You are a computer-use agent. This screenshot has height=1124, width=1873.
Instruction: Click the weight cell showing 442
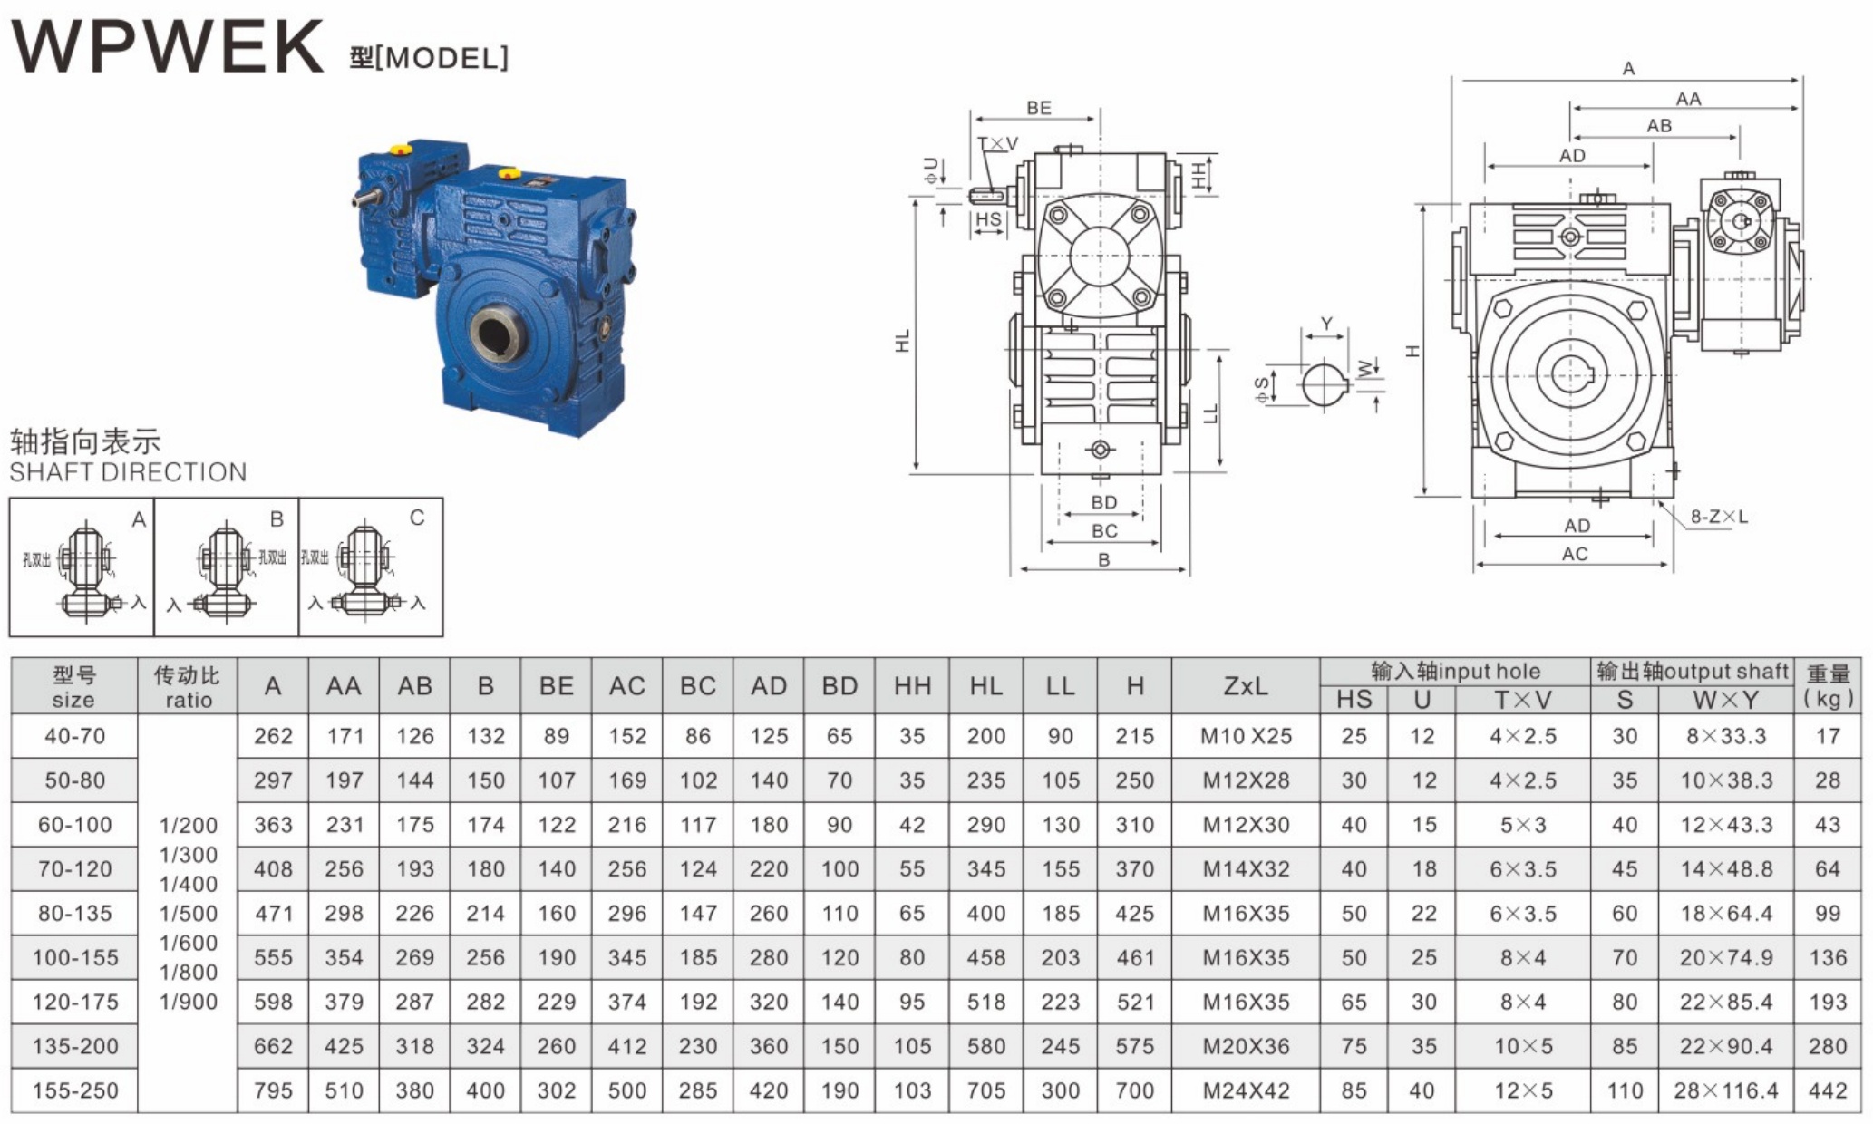pyautogui.click(x=1828, y=1090)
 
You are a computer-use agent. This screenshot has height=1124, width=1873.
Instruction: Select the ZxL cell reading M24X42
pyautogui.click(x=1246, y=1090)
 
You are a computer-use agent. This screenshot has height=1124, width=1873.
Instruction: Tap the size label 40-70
pyautogui.click(x=74, y=736)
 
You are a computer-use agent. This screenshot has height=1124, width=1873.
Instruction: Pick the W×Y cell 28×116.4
pyautogui.click(x=1726, y=1090)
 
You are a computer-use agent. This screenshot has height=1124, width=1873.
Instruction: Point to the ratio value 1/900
pyautogui.click(x=189, y=1002)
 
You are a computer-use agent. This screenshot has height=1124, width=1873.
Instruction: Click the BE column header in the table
pyautogui.click(x=556, y=686)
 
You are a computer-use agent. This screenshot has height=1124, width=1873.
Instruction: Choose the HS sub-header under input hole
pyautogui.click(x=1354, y=700)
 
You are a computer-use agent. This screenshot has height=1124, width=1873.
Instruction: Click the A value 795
pyautogui.click(x=273, y=1090)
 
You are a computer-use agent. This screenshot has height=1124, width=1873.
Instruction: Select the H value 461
pyautogui.click(x=1134, y=957)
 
